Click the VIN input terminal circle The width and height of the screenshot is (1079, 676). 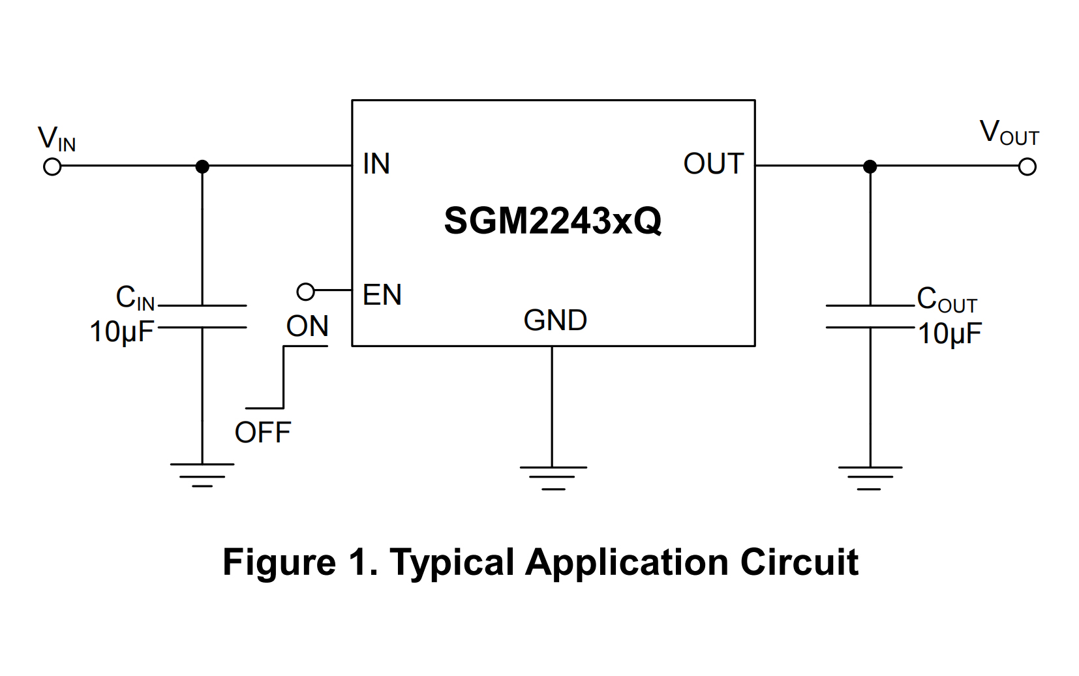(x=52, y=167)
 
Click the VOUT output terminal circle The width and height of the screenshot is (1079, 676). (x=1027, y=167)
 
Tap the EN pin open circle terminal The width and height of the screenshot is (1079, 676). (x=305, y=292)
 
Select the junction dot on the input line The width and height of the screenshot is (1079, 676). (x=202, y=167)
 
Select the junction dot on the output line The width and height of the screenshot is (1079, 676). (x=870, y=167)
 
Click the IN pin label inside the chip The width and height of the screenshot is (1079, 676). (x=376, y=164)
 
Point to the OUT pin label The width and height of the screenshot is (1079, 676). (x=713, y=164)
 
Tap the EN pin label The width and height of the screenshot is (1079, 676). (x=382, y=295)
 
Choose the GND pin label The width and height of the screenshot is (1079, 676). (x=555, y=320)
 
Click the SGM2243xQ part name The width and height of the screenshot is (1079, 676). (x=553, y=221)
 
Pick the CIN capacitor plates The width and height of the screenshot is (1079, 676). (x=202, y=316)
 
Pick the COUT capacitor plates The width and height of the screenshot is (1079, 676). (x=870, y=316)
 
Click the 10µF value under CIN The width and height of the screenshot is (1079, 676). (x=121, y=332)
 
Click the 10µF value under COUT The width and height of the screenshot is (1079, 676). (x=950, y=333)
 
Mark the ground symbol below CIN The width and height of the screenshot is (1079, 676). (x=202, y=474)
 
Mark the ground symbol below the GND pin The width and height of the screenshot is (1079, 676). (x=553, y=478)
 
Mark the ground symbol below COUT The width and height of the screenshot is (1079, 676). (x=870, y=478)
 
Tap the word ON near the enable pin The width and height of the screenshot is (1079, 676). (x=307, y=326)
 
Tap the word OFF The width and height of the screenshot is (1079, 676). (x=262, y=433)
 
